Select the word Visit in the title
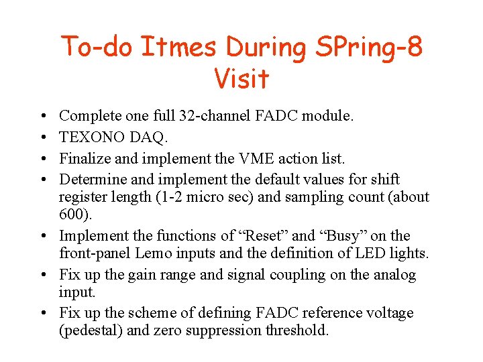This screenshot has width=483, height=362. [x=241, y=78]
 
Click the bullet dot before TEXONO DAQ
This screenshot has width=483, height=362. [x=42, y=137]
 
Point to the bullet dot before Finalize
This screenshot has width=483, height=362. [x=42, y=159]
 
